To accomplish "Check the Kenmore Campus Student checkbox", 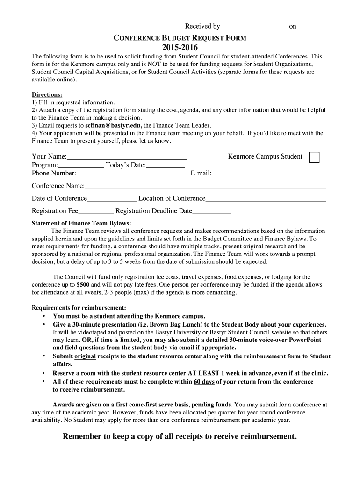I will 314,157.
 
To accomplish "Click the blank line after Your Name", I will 127,158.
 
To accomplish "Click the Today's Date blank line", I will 166,166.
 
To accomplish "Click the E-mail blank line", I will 266,174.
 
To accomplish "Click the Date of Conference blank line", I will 112,199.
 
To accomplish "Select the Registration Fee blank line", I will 96,212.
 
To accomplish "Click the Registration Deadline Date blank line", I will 212,212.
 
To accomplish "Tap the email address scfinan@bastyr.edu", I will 114,125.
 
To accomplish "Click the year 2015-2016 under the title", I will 180,48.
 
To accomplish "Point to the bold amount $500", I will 83,284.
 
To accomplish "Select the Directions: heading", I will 47,94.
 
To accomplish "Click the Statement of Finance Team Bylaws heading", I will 81,223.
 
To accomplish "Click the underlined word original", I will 85,356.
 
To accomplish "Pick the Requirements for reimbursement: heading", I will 79,308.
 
